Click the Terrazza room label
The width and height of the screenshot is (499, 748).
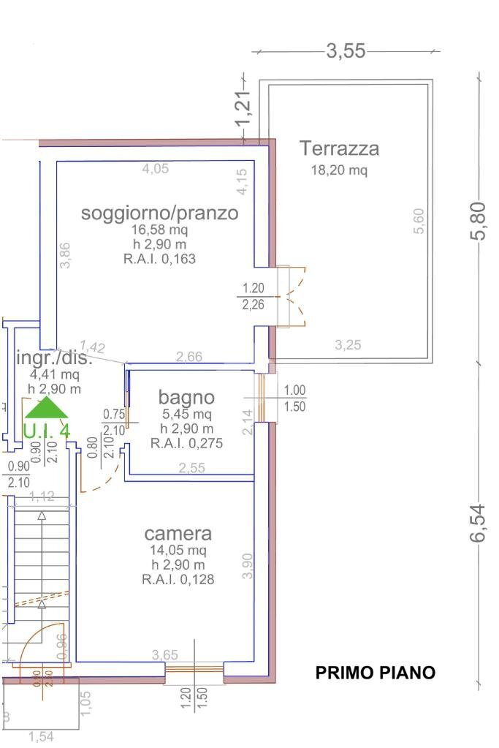pyautogui.click(x=339, y=148)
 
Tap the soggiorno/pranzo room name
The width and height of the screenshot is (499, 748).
pyautogui.click(x=159, y=213)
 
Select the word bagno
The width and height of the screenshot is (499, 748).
pyautogui.click(x=186, y=397)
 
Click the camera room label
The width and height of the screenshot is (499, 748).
pyautogui.click(x=178, y=534)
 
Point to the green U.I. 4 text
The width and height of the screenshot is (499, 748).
pyautogui.click(x=47, y=431)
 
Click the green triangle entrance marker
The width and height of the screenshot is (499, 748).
pyautogui.click(x=47, y=408)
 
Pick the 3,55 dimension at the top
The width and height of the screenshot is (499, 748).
pyautogui.click(x=346, y=51)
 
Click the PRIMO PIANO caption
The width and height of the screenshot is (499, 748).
pyautogui.click(x=375, y=673)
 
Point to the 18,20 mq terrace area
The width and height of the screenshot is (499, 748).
pyautogui.click(x=339, y=170)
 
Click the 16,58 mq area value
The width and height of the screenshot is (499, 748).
pyautogui.click(x=159, y=230)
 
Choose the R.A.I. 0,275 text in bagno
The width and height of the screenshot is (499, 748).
pyautogui.click(x=186, y=443)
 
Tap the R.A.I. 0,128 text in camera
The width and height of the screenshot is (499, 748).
pyautogui.click(x=178, y=579)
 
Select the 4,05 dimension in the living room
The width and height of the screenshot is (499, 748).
pyautogui.click(x=155, y=168)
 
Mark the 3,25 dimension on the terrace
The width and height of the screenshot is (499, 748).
pyautogui.click(x=348, y=345)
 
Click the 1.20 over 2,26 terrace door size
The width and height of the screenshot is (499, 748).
pyautogui.click(x=253, y=296)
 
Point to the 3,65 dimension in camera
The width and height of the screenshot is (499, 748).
pyautogui.click(x=164, y=655)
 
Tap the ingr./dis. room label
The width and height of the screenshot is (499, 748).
pyautogui.click(x=53, y=359)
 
